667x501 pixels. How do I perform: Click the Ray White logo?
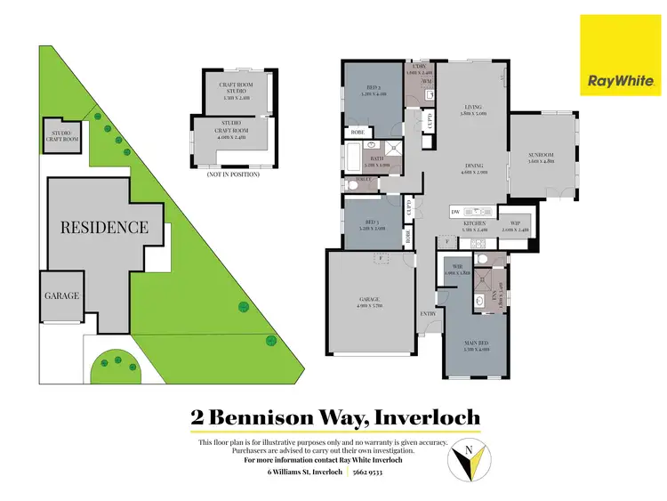tap(621, 81)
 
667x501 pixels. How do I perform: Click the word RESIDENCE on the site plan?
tap(104, 227)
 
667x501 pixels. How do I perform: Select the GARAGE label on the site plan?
tap(62, 296)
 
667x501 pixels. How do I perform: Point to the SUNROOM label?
tap(541, 156)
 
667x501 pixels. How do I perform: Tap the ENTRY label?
tap(429, 314)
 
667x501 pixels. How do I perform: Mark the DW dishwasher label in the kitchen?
tap(454, 212)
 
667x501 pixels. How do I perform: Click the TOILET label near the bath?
tap(361, 179)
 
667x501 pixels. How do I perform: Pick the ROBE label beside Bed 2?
tap(356, 132)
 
